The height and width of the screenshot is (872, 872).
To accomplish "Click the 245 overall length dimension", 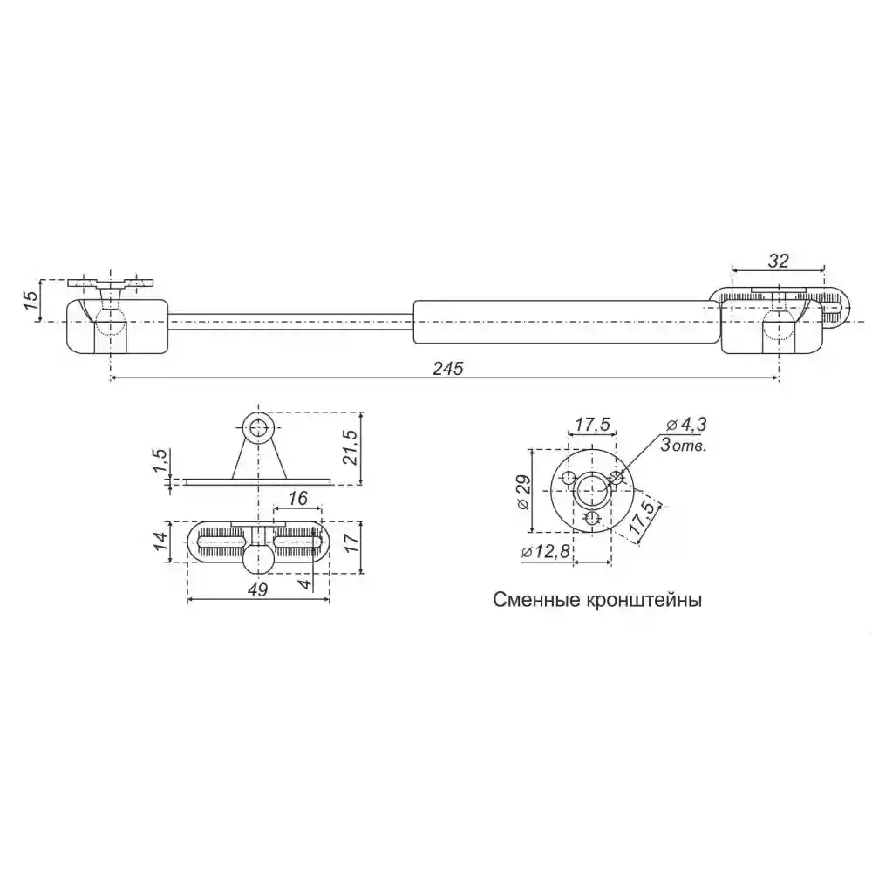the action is coord(448,369).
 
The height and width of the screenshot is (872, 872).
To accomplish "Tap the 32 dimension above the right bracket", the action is coord(778,260).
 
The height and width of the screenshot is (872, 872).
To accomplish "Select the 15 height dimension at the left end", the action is coord(31,300).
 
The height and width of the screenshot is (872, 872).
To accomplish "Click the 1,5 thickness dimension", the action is coord(160,461).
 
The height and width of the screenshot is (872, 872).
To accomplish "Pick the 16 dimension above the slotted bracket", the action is coord(298,498).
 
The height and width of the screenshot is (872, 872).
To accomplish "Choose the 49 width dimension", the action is coord(257,589).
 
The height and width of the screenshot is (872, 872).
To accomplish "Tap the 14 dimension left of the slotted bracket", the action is coord(160,542).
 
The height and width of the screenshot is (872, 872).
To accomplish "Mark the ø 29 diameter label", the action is coord(523,492).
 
